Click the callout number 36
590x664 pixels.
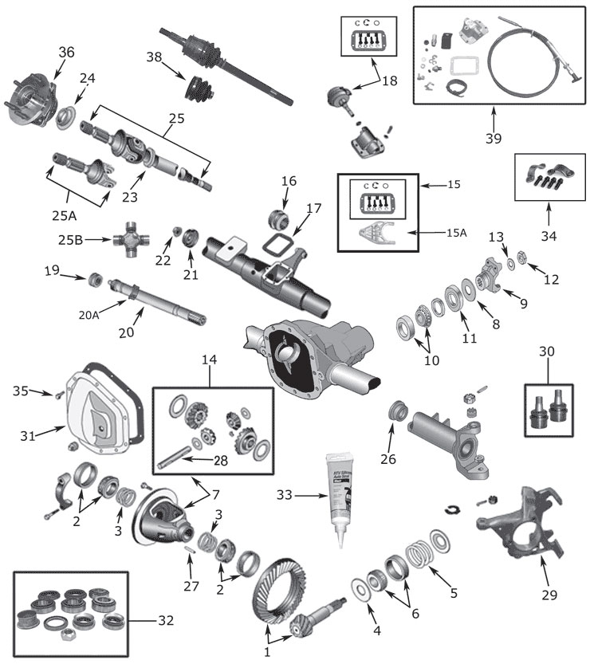coord(66,53)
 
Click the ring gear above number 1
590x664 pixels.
coord(275,589)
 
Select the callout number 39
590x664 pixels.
coord(494,137)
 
